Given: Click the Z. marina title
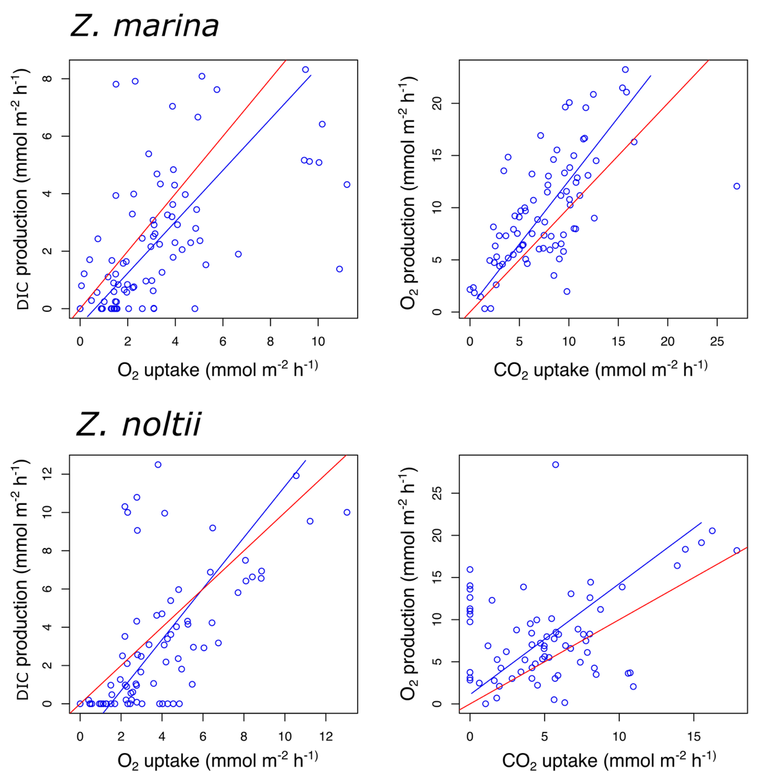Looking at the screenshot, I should (144, 26).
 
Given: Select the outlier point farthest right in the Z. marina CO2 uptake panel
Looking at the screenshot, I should (736, 186).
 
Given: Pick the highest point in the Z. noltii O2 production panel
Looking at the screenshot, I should (556, 465).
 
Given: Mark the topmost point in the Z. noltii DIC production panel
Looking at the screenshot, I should (158, 465).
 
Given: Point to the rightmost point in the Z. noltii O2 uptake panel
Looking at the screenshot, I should (347, 512).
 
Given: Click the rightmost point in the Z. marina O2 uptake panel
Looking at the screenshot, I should (347, 185).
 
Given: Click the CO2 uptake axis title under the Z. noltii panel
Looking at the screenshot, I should (608, 760).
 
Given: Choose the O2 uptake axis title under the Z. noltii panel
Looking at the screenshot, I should (218, 760).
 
